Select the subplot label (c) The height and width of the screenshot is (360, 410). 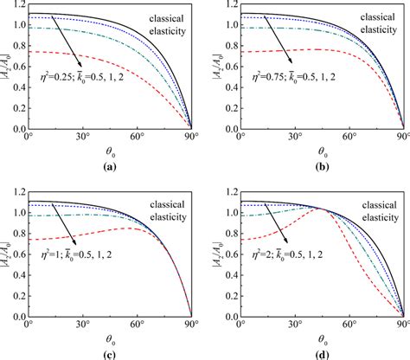tap(107, 353)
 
